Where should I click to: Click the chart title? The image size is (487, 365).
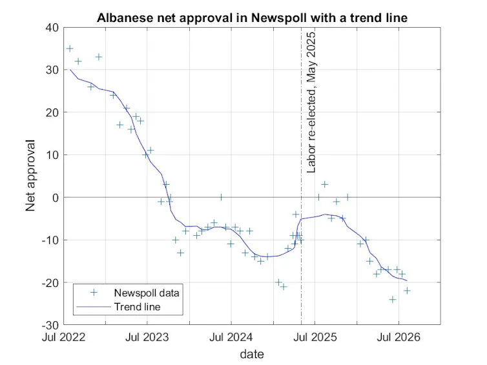pyautogui.click(x=252, y=17)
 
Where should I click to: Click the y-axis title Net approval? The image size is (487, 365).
pyautogui.click(x=30, y=176)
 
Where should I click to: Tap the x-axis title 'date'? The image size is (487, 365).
pyautogui.click(x=252, y=354)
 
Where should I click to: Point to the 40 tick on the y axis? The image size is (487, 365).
pyautogui.click(x=52, y=28)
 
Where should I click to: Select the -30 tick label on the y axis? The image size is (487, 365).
pyautogui.click(x=50, y=325)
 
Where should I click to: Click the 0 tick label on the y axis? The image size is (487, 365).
pyautogui.click(x=56, y=198)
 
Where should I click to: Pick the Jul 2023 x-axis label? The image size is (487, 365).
pyautogui.click(x=147, y=337)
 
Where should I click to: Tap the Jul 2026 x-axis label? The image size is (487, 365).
pyautogui.click(x=399, y=337)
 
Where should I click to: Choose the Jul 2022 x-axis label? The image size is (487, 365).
pyautogui.click(x=64, y=337)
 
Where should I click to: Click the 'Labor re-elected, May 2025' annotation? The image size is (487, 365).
pyautogui.click(x=311, y=102)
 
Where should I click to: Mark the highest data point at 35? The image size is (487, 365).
pyautogui.click(x=70, y=48)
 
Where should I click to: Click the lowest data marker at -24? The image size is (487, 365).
pyautogui.click(x=393, y=300)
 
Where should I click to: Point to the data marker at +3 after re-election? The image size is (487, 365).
pyautogui.click(x=325, y=185)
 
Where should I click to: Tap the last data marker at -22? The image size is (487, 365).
pyautogui.click(x=407, y=291)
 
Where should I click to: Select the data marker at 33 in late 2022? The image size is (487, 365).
pyautogui.click(x=99, y=57)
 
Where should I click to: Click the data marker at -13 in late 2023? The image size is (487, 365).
pyautogui.click(x=180, y=253)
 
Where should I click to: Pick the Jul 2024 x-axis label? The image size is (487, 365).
pyautogui.click(x=231, y=337)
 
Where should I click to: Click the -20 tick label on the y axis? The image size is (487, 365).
pyautogui.click(x=50, y=283)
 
